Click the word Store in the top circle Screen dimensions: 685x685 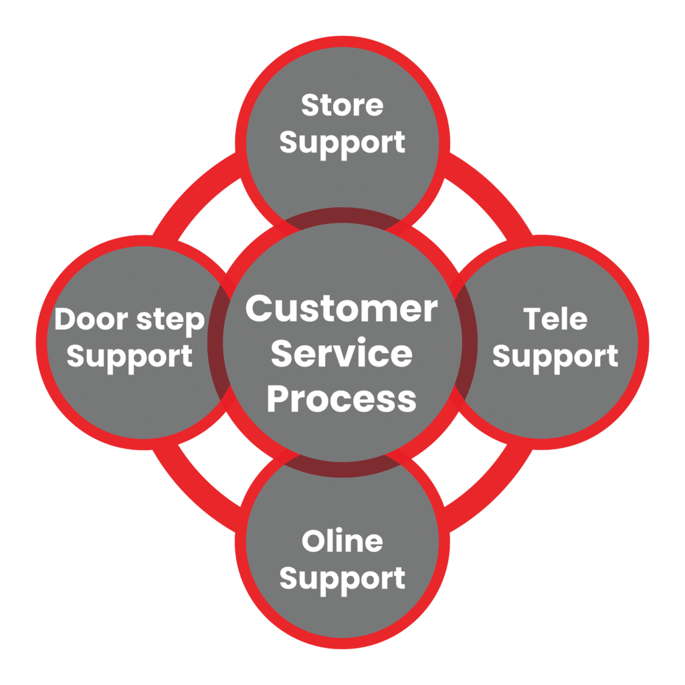click(342, 106)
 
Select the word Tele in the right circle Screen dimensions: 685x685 click(555, 319)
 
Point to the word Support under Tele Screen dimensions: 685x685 click(555, 357)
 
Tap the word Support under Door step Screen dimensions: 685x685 click(130, 357)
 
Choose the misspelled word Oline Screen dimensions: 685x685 click(342, 541)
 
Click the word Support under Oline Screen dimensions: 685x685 click(342, 579)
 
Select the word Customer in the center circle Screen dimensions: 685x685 click(342, 310)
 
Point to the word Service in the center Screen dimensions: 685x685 click(342, 354)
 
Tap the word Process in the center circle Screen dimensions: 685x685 click(342, 399)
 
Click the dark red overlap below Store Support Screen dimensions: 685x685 click(342, 217)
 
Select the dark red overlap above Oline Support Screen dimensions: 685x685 click(342, 468)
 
